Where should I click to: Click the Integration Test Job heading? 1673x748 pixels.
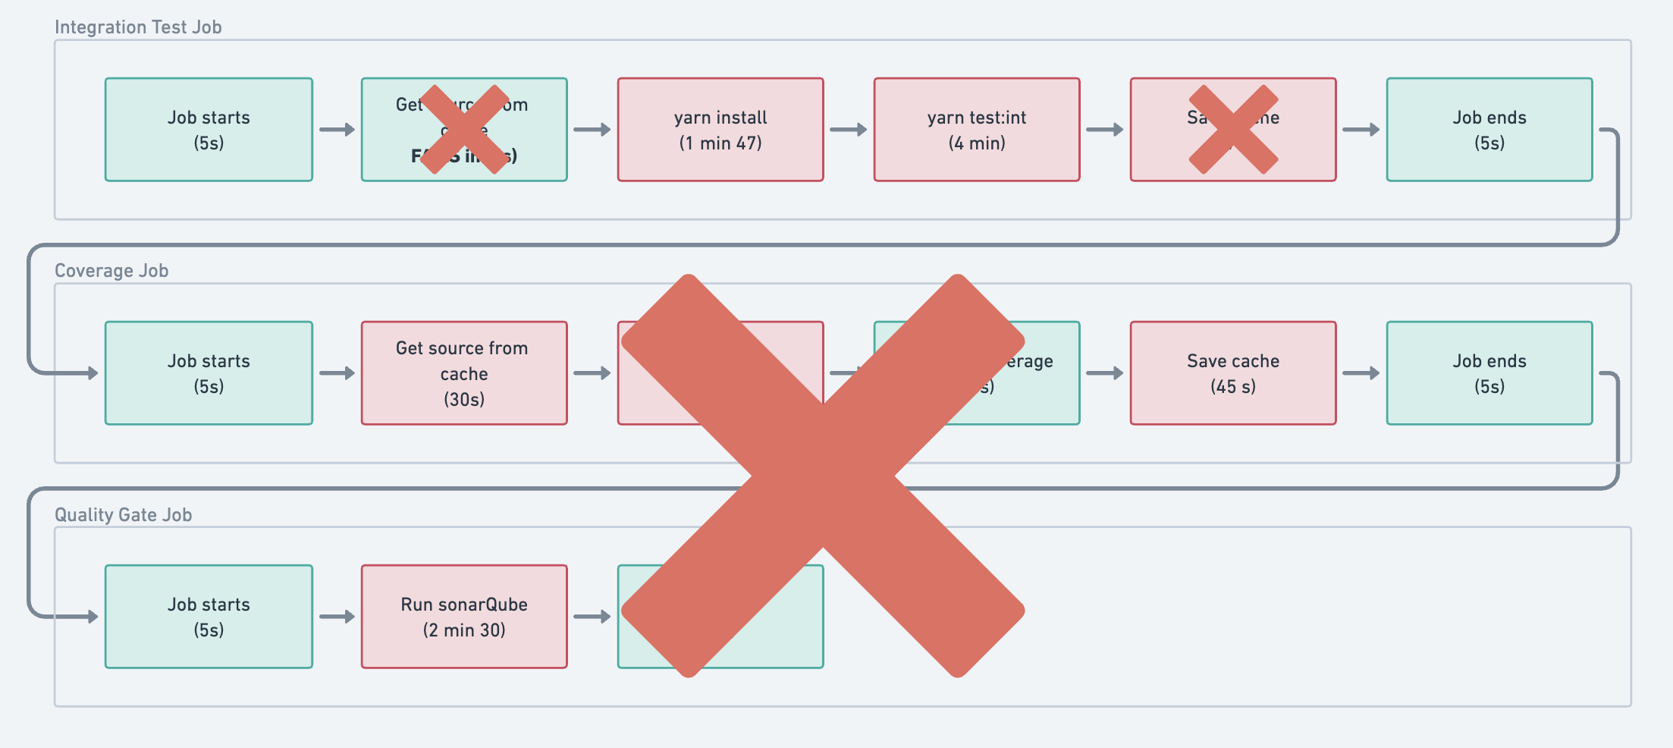tap(138, 27)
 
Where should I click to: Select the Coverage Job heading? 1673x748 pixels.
tap(111, 271)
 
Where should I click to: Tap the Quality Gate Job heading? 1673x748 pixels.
tap(123, 515)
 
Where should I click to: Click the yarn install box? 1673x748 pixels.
tap(720, 130)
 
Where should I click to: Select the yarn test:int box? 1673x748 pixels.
tap(977, 130)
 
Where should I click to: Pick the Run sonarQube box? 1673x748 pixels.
tap(464, 617)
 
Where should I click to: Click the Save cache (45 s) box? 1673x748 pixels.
tap(1233, 373)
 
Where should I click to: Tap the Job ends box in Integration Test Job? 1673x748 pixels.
tap(1489, 130)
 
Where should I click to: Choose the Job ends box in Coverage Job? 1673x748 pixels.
tap(1489, 373)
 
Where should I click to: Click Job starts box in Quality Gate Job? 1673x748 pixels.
tap(209, 617)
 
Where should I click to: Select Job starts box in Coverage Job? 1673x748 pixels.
tap(209, 373)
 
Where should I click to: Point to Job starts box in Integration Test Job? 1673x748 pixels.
tap(209, 130)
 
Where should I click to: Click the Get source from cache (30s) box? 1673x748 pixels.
tap(464, 373)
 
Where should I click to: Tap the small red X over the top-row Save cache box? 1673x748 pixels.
tap(1233, 130)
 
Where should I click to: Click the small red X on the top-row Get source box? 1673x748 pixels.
tap(464, 130)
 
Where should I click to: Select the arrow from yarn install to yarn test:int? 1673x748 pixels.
tap(849, 130)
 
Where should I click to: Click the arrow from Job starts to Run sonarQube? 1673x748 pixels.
tap(337, 617)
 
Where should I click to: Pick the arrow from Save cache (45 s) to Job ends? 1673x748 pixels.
tap(1361, 373)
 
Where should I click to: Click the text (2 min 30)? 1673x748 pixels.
tap(464, 630)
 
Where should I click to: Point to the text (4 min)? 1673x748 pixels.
tap(977, 143)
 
